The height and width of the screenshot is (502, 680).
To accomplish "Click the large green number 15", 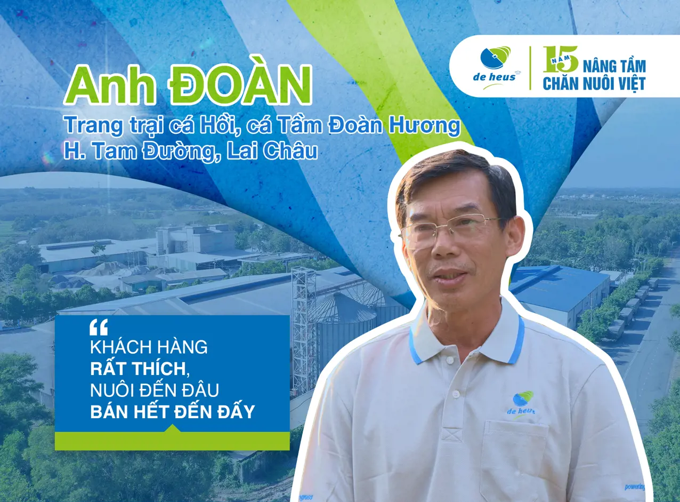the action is (561, 59).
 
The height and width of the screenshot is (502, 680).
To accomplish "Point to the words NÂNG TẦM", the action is (614, 66).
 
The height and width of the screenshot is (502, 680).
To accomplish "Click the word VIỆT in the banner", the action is (631, 84).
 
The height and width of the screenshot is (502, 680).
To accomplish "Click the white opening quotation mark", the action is (99, 326).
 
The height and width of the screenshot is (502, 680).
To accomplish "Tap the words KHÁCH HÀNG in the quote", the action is (149, 347).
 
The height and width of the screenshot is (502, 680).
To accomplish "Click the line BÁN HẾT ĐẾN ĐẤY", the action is (173, 411).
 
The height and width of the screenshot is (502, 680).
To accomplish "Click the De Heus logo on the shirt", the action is (522, 405).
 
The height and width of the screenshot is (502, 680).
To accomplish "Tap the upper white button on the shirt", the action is (456, 394).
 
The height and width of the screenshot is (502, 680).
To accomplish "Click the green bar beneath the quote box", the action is (172, 441).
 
